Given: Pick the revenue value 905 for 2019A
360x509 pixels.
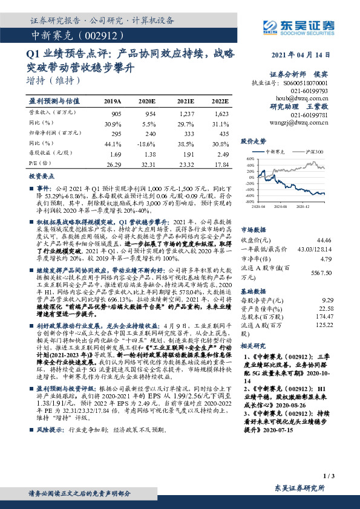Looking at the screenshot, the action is [x=116, y=114].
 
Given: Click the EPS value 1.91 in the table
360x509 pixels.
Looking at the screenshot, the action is [x=188, y=153].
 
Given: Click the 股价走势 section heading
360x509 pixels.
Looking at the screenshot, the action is [x=254, y=140].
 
